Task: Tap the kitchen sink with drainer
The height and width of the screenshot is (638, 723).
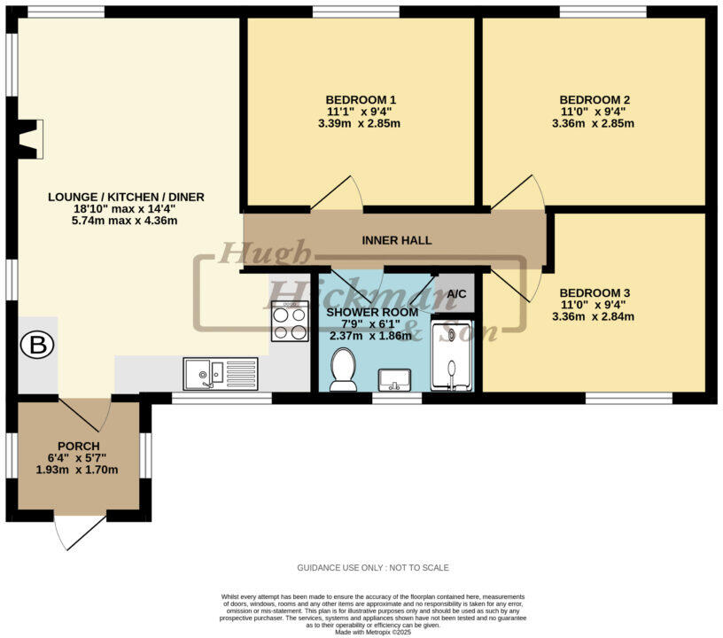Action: [222, 373]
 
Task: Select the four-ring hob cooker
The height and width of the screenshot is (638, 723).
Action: [290, 322]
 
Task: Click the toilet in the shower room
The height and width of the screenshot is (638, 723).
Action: [342, 369]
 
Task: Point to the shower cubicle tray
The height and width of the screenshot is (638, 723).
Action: [452, 355]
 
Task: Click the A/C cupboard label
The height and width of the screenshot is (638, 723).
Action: [456, 293]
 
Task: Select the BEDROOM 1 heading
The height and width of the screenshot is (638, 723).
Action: [361, 99]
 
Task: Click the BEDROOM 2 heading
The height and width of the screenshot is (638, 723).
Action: [595, 99]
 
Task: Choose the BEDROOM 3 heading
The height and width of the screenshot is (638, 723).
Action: [595, 292]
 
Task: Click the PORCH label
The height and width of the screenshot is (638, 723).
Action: [79, 446]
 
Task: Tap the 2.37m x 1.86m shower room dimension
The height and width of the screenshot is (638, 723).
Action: [370, 336]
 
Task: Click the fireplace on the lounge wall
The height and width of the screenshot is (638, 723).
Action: [30, 139]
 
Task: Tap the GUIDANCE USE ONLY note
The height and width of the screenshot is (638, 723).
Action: [372, 567]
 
